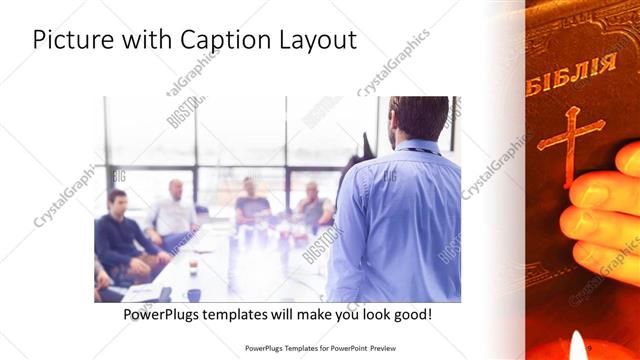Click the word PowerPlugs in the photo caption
[165, 314]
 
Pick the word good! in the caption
[411, 314]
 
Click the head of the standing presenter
[418, 118]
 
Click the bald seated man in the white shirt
[175, 209]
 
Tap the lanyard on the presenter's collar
[420, 149]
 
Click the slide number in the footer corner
[590, 347]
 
